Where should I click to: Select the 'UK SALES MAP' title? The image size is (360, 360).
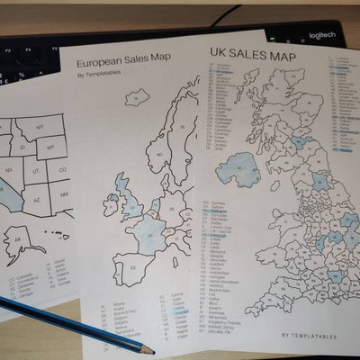point(253,56)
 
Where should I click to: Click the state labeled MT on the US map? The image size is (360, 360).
point(40,129)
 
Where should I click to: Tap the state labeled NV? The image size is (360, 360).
point(9,168)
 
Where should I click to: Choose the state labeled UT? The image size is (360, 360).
point(35,170)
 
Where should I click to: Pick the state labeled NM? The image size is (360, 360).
point(65,194)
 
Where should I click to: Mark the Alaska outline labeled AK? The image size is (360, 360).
point(19,239)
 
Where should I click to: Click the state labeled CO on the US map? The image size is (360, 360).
point(62,169)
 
